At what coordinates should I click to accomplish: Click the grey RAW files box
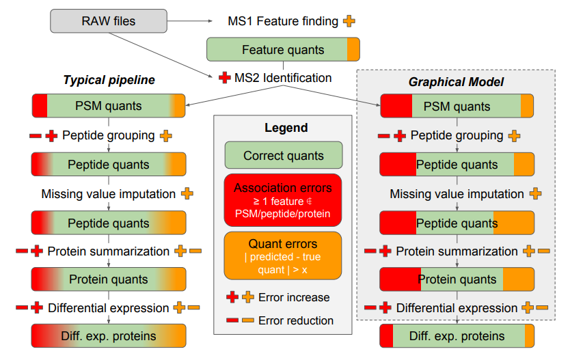tap(109, 20)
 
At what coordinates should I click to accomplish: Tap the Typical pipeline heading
tap(109, 80)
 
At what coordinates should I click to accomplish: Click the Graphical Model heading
tap(456, 82)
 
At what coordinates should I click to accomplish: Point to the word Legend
tap(286, 128)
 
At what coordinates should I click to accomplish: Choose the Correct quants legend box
tap(283, 156)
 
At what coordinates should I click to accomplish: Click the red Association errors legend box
tap(283, 199)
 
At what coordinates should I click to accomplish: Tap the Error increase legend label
tap(294, 298)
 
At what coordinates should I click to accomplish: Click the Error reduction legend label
tap(296, 320)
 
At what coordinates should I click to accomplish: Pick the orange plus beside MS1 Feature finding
tap(349, 21)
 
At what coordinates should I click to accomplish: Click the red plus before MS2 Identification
tap(224, 78)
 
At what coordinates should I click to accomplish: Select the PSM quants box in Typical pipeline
tap(109, 106)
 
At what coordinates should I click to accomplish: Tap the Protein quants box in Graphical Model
tap(457, 279)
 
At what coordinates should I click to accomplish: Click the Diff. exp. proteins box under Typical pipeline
tap(109, 336)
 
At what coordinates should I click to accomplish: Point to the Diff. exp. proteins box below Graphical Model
tap(457, 336)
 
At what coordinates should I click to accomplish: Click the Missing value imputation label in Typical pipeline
tap(109, 194)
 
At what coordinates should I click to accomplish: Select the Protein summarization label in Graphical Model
tap(457, 251)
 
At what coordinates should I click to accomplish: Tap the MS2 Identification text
tap(283, 78)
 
